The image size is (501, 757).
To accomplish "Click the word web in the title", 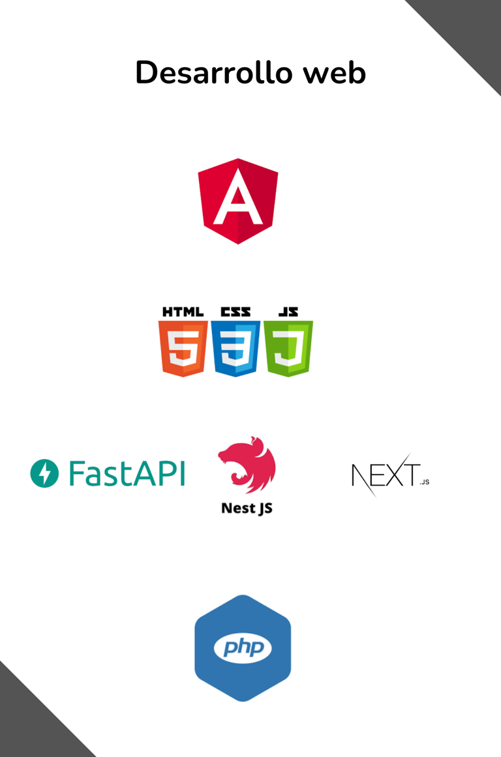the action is pos(334,72).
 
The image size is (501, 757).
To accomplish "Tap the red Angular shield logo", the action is pos(238,201).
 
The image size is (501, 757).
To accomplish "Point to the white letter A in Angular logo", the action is pos(238,199).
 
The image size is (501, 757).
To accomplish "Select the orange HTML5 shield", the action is pos(183,349).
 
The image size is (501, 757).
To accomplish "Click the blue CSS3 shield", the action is pos(235,349).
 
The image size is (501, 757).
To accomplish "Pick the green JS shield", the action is pos(288,349).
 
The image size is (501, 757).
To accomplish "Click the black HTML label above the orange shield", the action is pos(183,312).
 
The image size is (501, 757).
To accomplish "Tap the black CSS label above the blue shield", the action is pos(235,312).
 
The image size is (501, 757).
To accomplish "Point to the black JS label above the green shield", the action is pos(288,312).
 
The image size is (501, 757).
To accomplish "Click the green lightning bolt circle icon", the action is pos(44,473).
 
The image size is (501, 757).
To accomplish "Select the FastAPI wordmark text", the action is pos(127,473).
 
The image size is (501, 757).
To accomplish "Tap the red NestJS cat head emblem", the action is pos(247,465).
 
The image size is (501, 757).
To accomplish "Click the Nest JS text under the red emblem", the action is pos(247,508).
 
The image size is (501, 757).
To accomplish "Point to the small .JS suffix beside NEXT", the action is pos(425,482).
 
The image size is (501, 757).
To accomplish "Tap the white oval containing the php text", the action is pos(243,648).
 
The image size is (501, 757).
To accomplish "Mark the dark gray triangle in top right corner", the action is pos(473,26).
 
